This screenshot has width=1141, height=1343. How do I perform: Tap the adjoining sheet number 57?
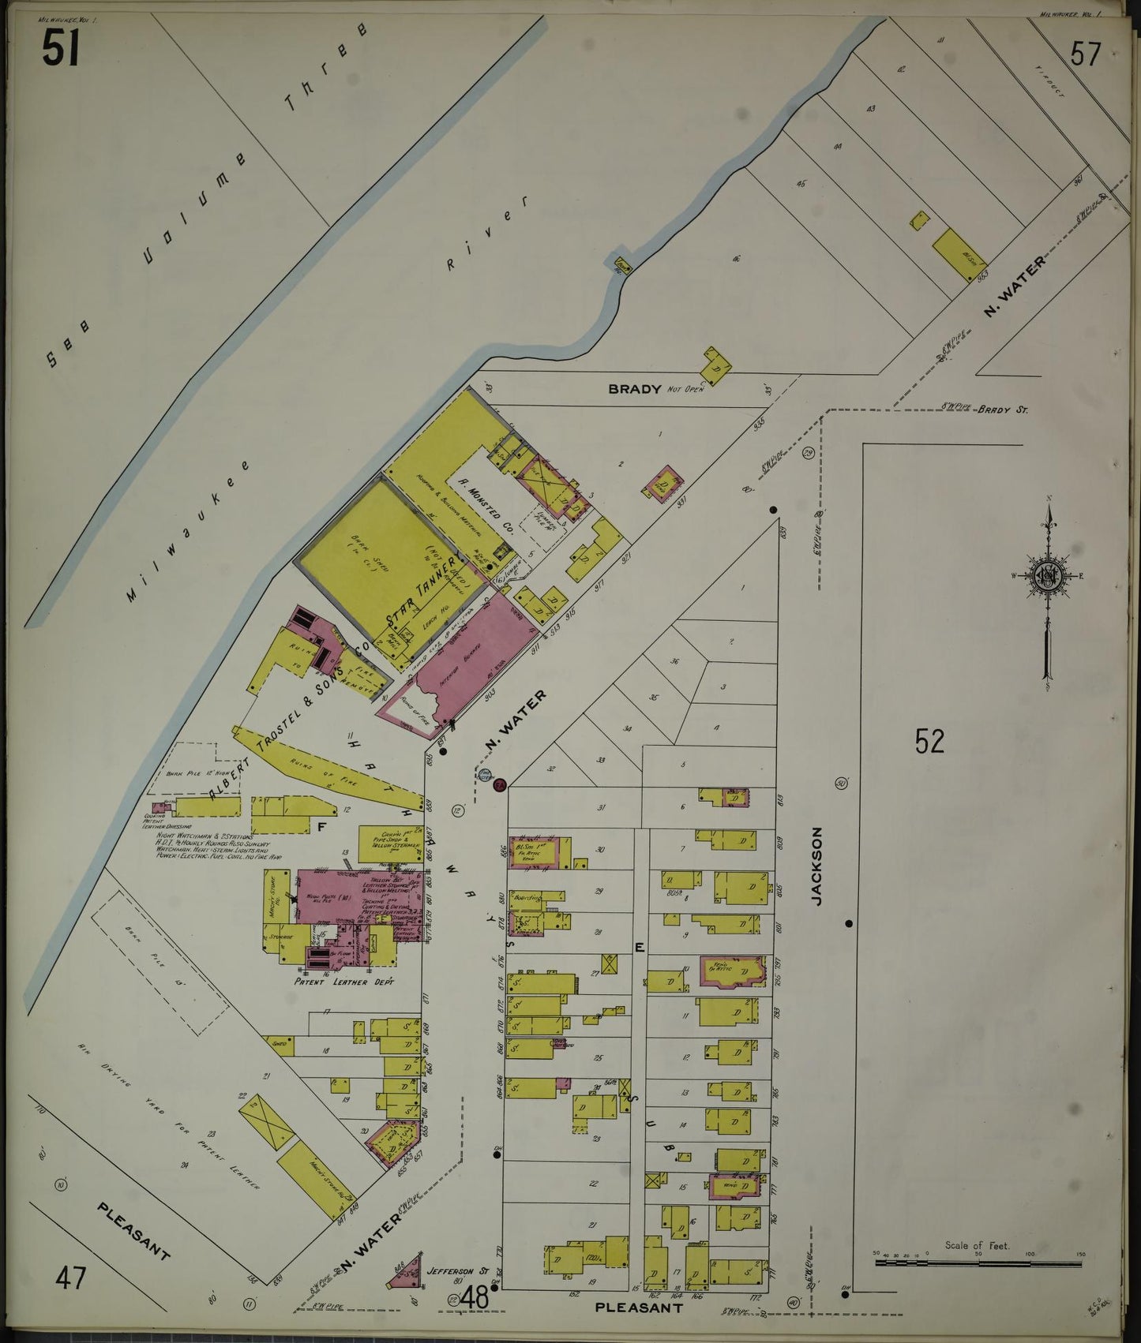pyautogui.click(x=1085, y=54)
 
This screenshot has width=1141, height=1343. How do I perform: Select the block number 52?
pyautogui.click(x=929, y=741)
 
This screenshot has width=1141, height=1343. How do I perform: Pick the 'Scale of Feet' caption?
pyautogui.click(x=977, y=1246)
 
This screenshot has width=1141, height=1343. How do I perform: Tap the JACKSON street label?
pyautogui.click(x=817, y=865)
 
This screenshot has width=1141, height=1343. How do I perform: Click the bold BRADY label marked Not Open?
pyautogui.click(x=634, y=388)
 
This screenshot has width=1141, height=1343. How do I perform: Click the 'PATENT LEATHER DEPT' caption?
pyautogui.click(x=344, y=982)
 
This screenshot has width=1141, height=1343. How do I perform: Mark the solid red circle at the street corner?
pyautogui.click(x=499, y=784)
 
